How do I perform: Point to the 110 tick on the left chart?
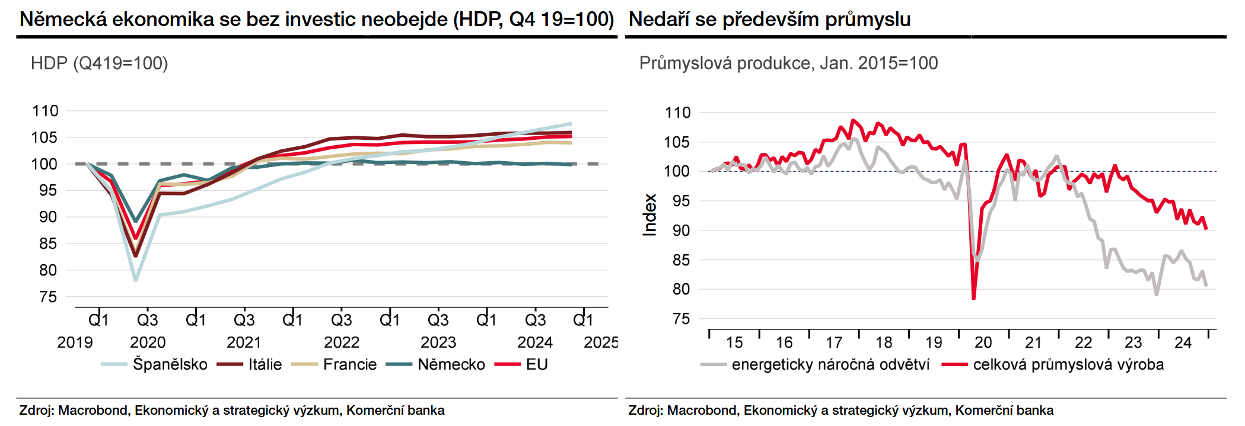pyautogui.click(x=45, y=111)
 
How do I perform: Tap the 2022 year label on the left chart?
pyautogui.click(x=342, y=342)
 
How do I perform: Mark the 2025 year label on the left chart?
pyautogui.click(x=601, y=342)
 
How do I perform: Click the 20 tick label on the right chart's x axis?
pyautogui.click(x=983, y=342)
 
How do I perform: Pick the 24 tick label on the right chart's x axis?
pyautogui.click(x=1183, y=342)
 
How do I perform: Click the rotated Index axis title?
pyautogui.click(x=650, y=215)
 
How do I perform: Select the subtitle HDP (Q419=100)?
pyautogui.click(x=100, y=63)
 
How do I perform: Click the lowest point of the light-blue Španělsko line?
pyautogui.click(x=136, y=280)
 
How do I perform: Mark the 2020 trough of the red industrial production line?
pyautogui.click(x=974, y=299)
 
